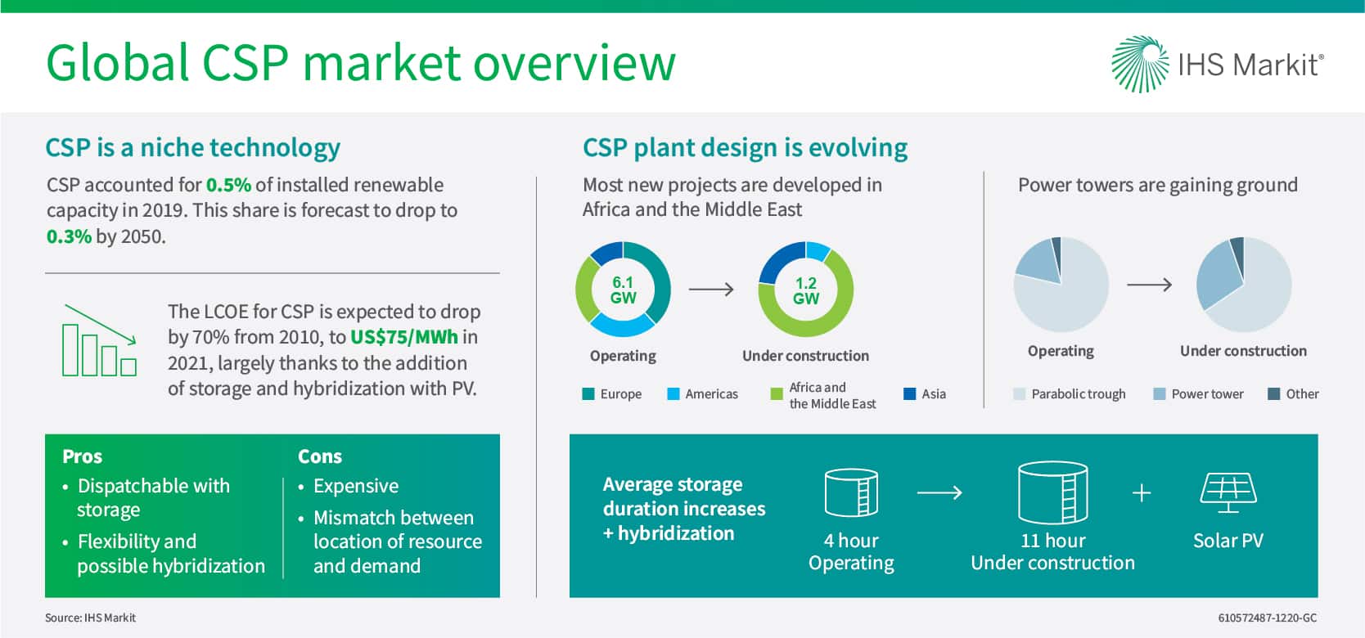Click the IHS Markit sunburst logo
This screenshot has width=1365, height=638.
pyautogui.click(x=1140, y=64)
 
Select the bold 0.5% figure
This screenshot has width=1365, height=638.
pyautogui.click(x=228, y=185)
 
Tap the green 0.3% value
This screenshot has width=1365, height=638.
pyautogui.click(x=69, y=236)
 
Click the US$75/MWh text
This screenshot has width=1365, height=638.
pyautogui.click(x=404, y=337)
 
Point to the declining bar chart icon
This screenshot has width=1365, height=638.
pyautogui.click(x=99, y=340)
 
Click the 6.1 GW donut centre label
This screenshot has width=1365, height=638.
pyautogui.click(x=624, y=290)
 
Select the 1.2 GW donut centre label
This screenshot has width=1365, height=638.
pyautogui.click(x=805, y=290)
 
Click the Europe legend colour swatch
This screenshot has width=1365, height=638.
pyautogui.click(x=588, y=394)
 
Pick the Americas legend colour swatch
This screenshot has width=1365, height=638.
pyautogui.click(x=673, y=394)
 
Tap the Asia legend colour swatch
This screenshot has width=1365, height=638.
pyautogui.click(x=910, y=394)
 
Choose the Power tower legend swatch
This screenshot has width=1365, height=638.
pyautogui.click(x=1160, y=394)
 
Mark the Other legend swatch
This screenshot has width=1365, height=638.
pyautogui.click(x=1273, y=394)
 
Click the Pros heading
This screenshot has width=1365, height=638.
pyautogui.click(x=83, y=456)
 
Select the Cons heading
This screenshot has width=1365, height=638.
pyautogui.click(x=320, y=456)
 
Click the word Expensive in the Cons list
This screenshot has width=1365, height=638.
pyautogui.click(x=356, y=486)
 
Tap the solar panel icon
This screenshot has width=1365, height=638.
pyautogui.click(x=1228, y=492)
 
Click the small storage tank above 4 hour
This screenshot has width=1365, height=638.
pyautogui.click(x=851, y=492)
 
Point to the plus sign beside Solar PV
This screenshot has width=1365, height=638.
pyautogui.click(x=1142, y=492)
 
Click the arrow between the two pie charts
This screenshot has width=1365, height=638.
pyautogui.click(x=1149, y=285)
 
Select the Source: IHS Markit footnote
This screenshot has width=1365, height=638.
pyautogui.click(x=90, y=618)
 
